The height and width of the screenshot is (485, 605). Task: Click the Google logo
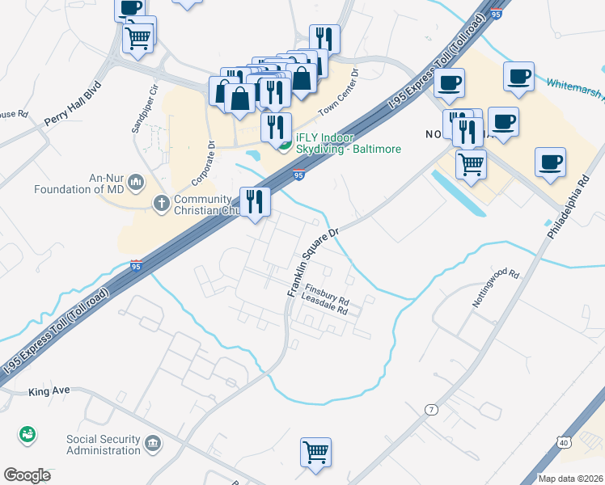(x=27, y=475)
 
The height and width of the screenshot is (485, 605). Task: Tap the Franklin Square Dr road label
(x=311, y=260)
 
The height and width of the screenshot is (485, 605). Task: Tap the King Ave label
(x=49, y=391)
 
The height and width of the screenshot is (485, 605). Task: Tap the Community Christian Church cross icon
(x=162, y=202)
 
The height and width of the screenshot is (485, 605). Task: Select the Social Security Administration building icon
(x=152, y=443)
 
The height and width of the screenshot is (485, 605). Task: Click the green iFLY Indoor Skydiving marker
(x=284, y=145)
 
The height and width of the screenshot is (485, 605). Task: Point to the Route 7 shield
(x=433, y=410)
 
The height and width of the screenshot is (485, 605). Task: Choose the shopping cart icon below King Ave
(x=315, y=452)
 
